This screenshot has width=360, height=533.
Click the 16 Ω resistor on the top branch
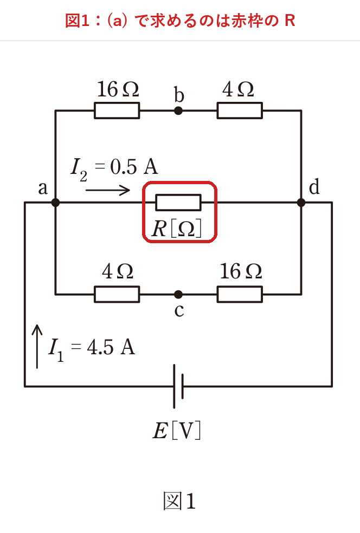[117, 110]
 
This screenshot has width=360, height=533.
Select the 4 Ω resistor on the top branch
[240, 110]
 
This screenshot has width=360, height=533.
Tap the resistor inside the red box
[178, 203]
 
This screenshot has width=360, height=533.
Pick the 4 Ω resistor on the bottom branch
[117, 294]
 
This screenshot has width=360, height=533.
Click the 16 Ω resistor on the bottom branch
[240, 294]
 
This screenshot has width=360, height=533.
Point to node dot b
[178, 110]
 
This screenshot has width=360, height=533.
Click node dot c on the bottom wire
[178, 294]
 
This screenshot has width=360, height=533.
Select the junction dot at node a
[55, 203]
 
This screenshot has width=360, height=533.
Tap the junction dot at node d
[301, 203]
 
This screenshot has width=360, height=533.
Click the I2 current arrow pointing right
[107, 190]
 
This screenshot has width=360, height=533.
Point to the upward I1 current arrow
[37, 346]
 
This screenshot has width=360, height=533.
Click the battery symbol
[178, 386]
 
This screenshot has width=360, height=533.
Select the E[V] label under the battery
[177, 431]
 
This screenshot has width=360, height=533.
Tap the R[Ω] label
[177, 228]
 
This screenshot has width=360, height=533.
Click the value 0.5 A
[134, 167]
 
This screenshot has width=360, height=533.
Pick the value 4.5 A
[111, 347]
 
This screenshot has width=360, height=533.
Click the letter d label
[314, 187]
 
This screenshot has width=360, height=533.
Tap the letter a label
[43, 188]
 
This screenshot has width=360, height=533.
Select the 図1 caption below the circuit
[179, 501]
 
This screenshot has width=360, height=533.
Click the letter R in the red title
[290, 21]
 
